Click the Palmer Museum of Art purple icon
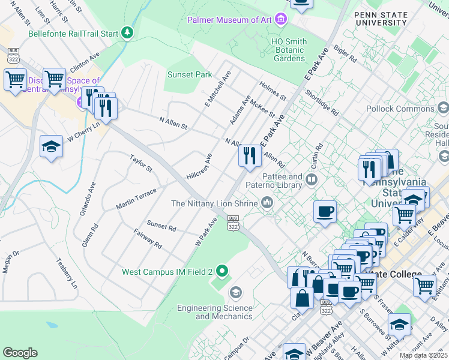tap(280, 20)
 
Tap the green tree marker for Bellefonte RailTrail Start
tap(127, 33)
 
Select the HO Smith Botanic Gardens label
tap(289, 50)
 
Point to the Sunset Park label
tap(190, 75)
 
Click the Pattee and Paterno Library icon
tap(312, 179)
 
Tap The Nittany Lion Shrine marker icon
tap(267, 204)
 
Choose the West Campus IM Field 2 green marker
tap(222, 272)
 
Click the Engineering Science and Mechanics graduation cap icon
tap(235, 293)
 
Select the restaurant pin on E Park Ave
tap(249, 156)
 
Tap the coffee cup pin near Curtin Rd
tap(325, 212)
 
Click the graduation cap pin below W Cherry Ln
tap(52, 146)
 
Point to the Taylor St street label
tap(142, 163)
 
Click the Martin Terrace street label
tap(136, 198)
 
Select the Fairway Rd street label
tap(148, 239)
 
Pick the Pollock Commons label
tap(400, 109)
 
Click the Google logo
tap(20, 353)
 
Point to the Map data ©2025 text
tap(424, 355)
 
